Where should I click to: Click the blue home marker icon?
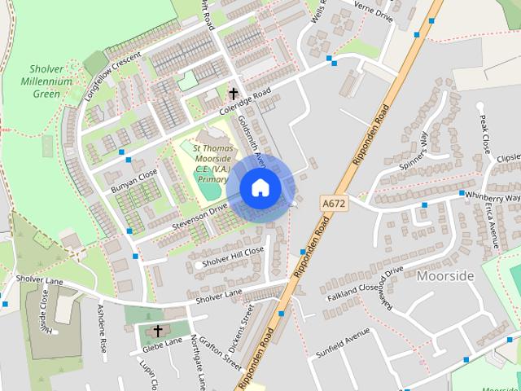[260, 188]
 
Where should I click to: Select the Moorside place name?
[444, 276]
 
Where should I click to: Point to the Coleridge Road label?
[244, 105]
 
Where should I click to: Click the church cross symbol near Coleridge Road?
[234, 94]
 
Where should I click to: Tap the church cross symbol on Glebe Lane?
[158, 331]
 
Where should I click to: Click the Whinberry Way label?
[491, 197]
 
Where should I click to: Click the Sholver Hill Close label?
[234, 256]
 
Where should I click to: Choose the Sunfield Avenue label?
[343, 345]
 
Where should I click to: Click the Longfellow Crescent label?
[112, 76]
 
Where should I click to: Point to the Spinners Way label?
[413, 151]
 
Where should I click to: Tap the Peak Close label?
[485, 135]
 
